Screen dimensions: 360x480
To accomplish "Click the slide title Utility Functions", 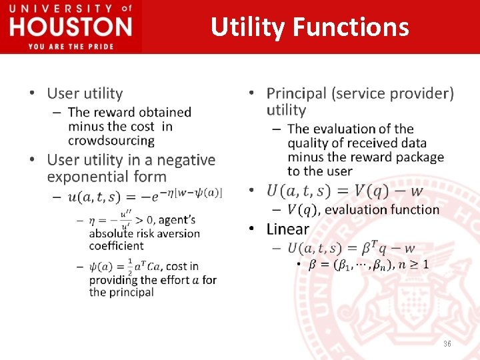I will click(309, 27).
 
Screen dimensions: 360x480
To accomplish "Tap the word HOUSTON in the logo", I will click(70, 27).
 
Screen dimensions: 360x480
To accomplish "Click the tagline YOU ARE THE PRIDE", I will click(71, 46).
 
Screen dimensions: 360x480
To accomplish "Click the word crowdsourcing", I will click(111, 141).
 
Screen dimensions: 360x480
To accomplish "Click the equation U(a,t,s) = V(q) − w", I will click(345, 191).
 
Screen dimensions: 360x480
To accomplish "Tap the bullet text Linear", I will click(288, 229).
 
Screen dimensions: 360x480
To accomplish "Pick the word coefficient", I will click(117, 245).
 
